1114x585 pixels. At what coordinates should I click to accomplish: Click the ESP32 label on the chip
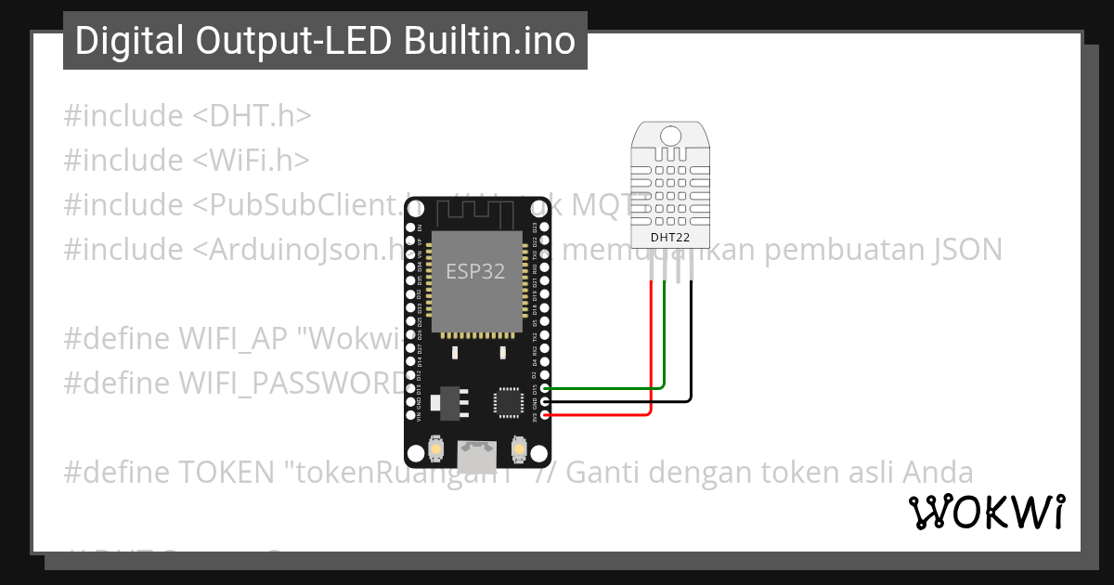(475, 271)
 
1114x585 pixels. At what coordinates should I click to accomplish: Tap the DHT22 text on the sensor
(669, 238)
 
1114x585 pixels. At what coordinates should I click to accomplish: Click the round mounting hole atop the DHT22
(669, 135)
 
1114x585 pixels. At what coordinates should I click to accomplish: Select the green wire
(613, 387)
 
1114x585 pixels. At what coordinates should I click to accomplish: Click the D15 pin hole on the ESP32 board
(545, 388)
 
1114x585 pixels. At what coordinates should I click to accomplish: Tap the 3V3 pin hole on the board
(545, 415)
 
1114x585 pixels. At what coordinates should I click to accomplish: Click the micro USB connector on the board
(477, 454)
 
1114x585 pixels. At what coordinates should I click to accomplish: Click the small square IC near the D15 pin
(508, 402)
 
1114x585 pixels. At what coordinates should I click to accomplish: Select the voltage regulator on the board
(454, 401)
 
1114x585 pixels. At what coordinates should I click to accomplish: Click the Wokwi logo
(986, 513)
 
